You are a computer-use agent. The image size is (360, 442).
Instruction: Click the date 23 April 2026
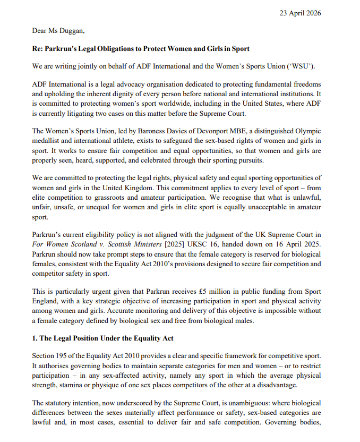coord(300,13)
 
